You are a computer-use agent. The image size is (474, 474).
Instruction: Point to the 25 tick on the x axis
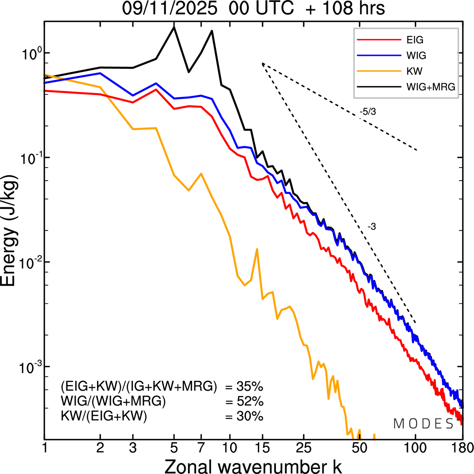click(303, 448)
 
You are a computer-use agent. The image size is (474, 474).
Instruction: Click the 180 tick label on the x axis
click(462, 448)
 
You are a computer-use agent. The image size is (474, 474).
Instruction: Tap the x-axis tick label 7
click(201, 448)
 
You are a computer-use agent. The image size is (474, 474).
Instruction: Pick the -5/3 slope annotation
click(367, 111)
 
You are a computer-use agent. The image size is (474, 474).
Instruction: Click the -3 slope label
click(371, 227)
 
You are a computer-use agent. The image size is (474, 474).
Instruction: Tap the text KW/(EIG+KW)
click(104, 416)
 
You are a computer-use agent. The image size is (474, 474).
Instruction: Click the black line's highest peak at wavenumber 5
click(174, 27)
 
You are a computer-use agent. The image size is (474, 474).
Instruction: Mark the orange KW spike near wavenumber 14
click(257, 249)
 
